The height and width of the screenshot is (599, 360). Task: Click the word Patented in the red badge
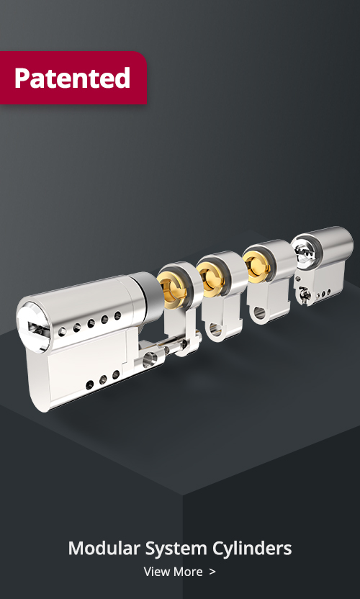(x=72, y=78)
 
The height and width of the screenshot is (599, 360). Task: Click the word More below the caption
(x=188, y=572)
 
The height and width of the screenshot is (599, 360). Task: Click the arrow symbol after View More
(x=212, y=572)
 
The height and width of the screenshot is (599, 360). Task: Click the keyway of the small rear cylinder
(x=305, y=253)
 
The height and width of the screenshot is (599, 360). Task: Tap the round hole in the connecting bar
(x=149, y=360)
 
